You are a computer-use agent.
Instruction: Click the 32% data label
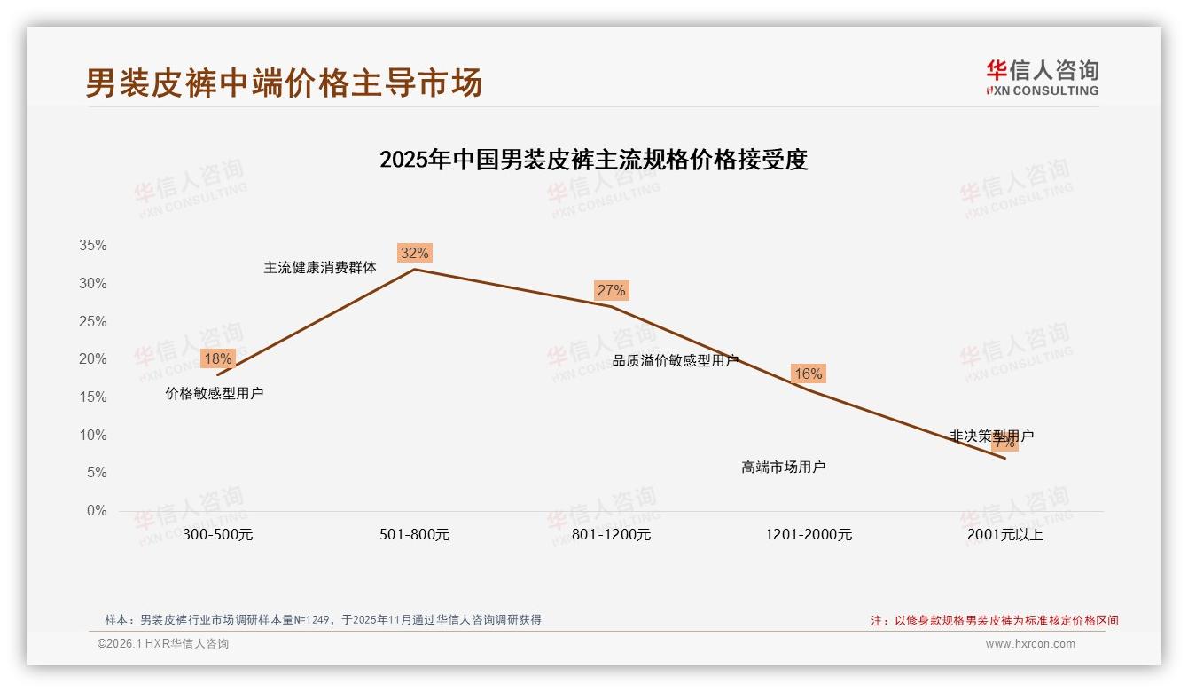(414, 253)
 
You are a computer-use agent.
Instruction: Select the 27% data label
(611, 290)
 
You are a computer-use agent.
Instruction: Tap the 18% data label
(217, 358)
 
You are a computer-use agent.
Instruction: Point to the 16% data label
(808, 374)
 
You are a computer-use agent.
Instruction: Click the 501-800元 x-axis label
(415, 535)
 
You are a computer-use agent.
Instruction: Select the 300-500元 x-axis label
(218, 535)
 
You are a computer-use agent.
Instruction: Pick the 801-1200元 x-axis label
(612, 535)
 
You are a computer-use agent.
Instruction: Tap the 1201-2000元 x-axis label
(809, 535)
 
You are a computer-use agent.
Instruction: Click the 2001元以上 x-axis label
(1005, 535)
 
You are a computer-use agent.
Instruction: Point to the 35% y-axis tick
(93, 246)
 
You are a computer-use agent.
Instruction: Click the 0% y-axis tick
(97, 511)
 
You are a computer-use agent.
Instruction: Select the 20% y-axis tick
(93, 359)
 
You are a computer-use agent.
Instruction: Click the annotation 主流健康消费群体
(320, 267)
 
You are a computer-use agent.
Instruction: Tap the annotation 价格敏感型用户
(215, 393)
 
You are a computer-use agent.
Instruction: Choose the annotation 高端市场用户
(784, 467)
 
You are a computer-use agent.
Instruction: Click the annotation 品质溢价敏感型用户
(676, 360)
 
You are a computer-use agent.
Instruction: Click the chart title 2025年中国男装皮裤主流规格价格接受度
(594, 160)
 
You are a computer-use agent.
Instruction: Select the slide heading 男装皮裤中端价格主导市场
(284, 83)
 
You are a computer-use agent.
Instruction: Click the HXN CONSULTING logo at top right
(1042, 78)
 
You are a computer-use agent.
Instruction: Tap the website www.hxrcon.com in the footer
(1030, 644)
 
